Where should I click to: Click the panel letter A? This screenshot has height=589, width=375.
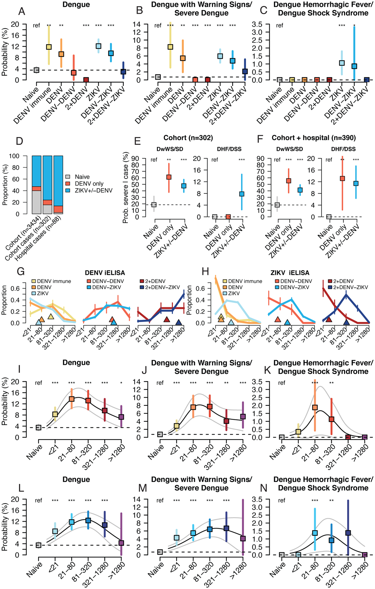[x=22, y=11]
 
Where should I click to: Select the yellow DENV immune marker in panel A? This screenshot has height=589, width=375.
[x=49, y=47]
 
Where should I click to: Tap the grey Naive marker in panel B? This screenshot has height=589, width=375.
[x=158, y=77]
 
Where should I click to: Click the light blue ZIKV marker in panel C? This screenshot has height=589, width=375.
[x=342, y=63]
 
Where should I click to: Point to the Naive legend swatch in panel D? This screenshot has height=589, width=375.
[x=68, y=177]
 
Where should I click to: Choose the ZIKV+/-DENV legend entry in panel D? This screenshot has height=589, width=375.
[x=93, y=190]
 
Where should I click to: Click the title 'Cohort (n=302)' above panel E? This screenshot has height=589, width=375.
[x=188, y=138]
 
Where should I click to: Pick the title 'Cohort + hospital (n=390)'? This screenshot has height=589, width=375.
[x=313, y=138]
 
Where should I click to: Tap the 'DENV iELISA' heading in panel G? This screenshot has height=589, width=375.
[x=105, y=273]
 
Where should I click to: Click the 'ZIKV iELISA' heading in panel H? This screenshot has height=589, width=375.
[x=290, y=273]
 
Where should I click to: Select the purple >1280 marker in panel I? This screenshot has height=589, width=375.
[x=121, y=417]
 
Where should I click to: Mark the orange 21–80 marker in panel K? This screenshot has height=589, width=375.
[x=315, y=407]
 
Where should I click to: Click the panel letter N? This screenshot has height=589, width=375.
[x=264, y=488]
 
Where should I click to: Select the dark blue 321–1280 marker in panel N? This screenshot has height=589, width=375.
[x=348, y=533]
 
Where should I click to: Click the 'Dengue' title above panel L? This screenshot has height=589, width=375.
[x=76, y=479]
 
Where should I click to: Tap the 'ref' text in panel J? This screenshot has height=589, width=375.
[x=160, y=383]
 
